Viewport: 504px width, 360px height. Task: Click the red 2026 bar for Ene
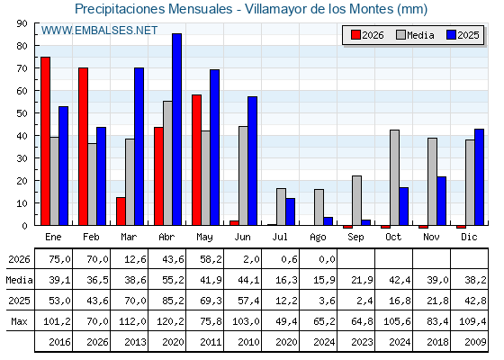(x=45, y=141)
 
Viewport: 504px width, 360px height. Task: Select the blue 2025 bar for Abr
(x=176, y=130)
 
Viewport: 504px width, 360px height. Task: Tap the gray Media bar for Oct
(x=394, y=178)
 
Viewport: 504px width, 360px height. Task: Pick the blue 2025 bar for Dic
(x=479, y=177)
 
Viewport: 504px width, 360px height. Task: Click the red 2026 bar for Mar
(x=121, y=211)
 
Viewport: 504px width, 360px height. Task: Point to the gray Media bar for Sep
(x=356, y=201)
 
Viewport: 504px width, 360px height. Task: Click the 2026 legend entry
(x=367, y=35)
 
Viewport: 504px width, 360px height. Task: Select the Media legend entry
(x=415, y=35)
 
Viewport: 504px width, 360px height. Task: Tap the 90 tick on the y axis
(x=22, y=23)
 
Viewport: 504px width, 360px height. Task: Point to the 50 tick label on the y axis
(x=22, y=113)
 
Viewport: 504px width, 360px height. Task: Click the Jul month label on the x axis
(x=280, y=237)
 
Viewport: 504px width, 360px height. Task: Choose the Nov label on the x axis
(x=431, y=237)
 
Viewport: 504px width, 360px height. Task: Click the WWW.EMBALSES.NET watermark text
(x=99, y=31)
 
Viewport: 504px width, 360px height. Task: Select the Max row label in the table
(x=19, y=321)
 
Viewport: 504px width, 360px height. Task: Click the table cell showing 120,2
(x=170, y=321)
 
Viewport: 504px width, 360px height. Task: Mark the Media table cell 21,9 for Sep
(x=362, y=280)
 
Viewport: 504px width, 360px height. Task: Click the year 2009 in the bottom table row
(x=475, y=342)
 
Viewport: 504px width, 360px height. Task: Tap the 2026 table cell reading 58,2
(x=211, y=259)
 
